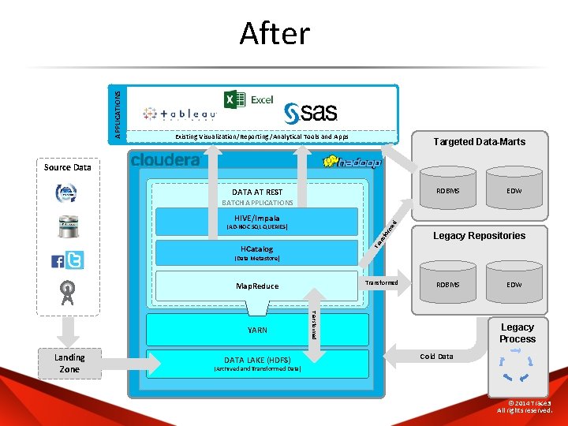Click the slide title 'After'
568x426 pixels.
coord(275,34)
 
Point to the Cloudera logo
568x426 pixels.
coord(166,160)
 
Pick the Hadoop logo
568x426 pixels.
coord(353,162)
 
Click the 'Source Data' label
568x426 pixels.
coord(68,167)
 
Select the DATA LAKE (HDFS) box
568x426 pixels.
coord(258,363)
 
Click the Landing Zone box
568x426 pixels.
coord(69,363)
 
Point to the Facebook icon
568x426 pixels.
coord(58,261)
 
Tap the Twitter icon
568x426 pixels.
coord(74,260)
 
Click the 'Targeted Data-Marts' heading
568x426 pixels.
coord(480,142)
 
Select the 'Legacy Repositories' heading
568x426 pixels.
coord(479,236)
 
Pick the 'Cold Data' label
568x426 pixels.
coord(436,357)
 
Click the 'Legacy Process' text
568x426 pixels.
coord(517,333)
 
